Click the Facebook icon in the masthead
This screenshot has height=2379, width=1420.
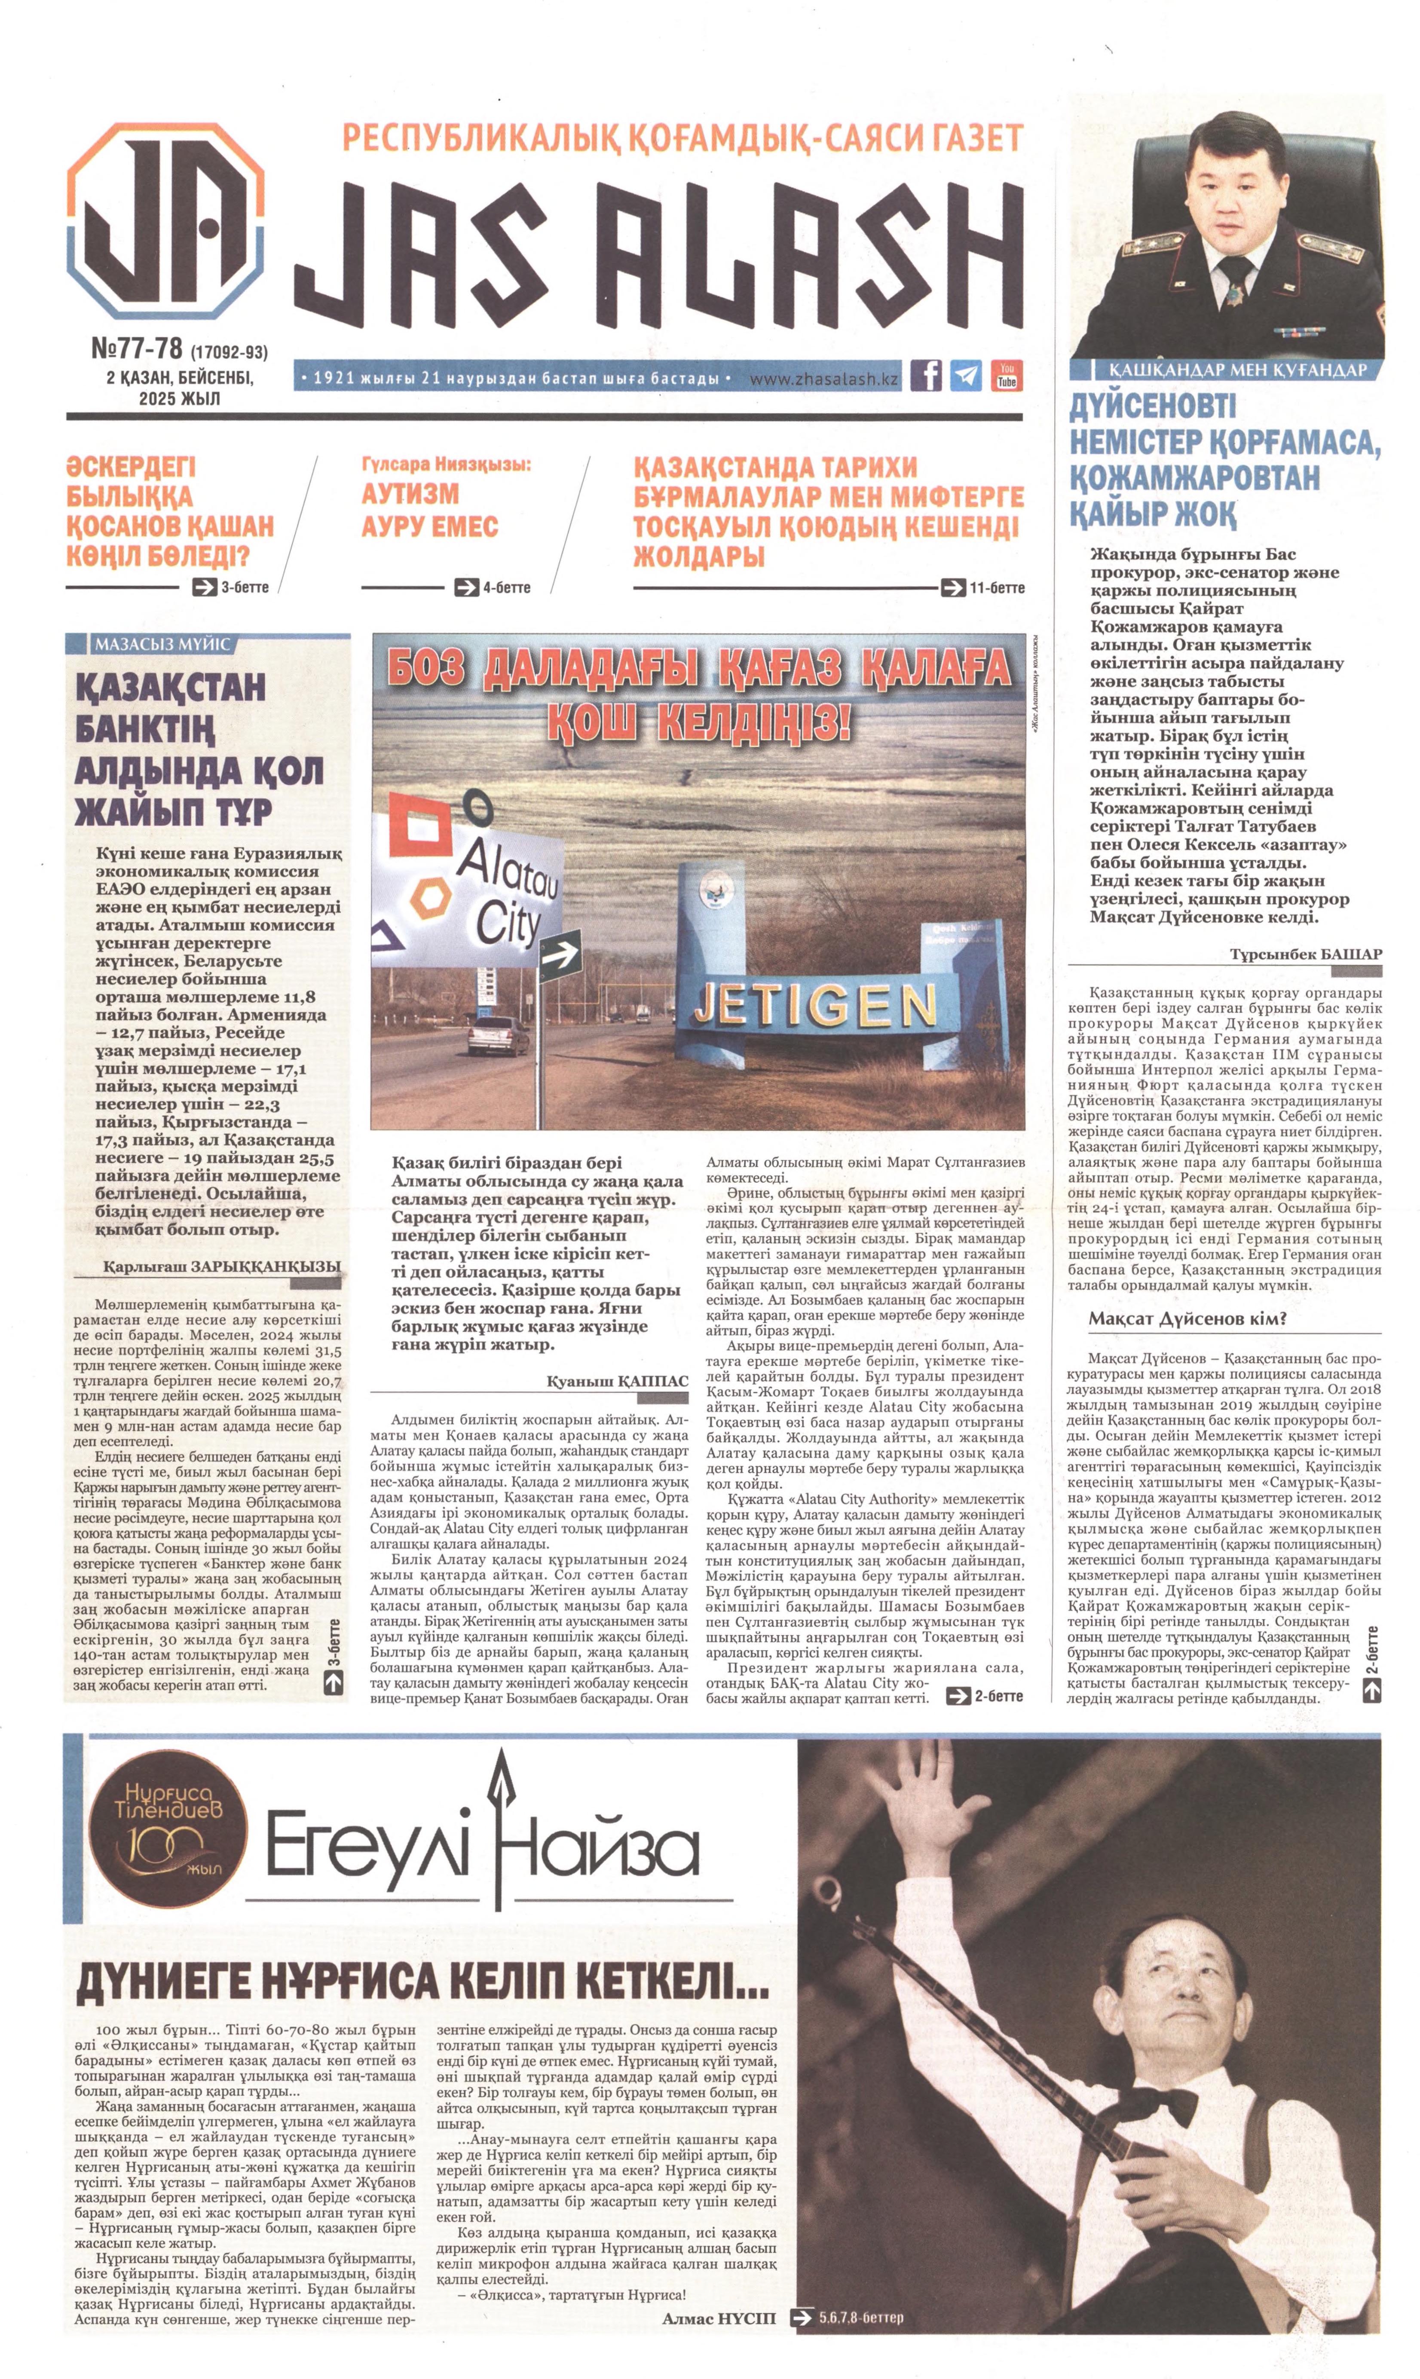pos(925,375)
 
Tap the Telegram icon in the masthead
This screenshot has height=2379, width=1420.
pos(967,375)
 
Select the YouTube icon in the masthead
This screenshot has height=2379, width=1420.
pos(1007,375)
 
